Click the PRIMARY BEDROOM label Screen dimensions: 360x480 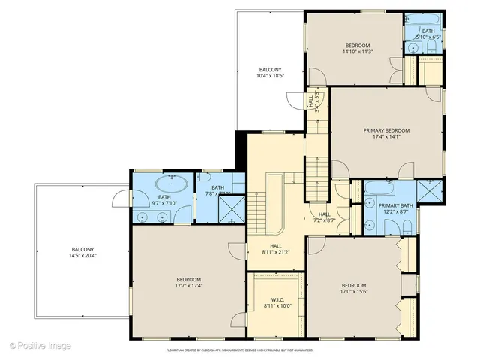386,130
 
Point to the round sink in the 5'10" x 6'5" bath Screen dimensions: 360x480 412,48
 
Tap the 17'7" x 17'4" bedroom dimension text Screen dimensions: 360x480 188,285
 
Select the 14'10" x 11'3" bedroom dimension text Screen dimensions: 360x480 358,52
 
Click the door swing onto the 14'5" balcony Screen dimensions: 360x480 120,199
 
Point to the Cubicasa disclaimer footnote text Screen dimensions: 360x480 239,349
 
